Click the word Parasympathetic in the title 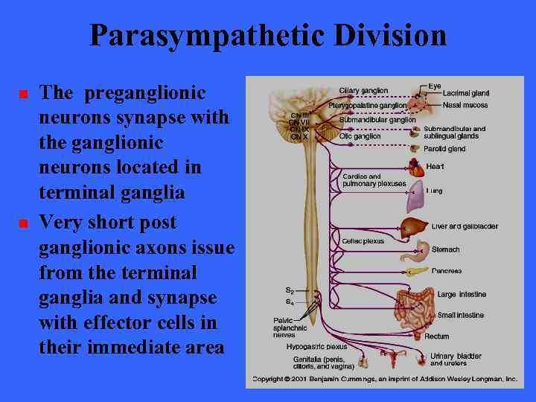pos(200,35)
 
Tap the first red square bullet pos(23,95)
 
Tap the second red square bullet pos(23,223)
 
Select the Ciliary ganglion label pos(363,91)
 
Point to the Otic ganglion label pos(360,136)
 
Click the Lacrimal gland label pos(465,94)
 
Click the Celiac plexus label pos(363,241)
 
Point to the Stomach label pos(445,250)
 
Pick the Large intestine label pos(461,295)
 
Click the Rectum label pos(437,336)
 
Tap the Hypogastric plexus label pos(316,347)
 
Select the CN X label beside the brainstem pos(299,137)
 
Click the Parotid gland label pos(444,149)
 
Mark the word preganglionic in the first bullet pos(145,94)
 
